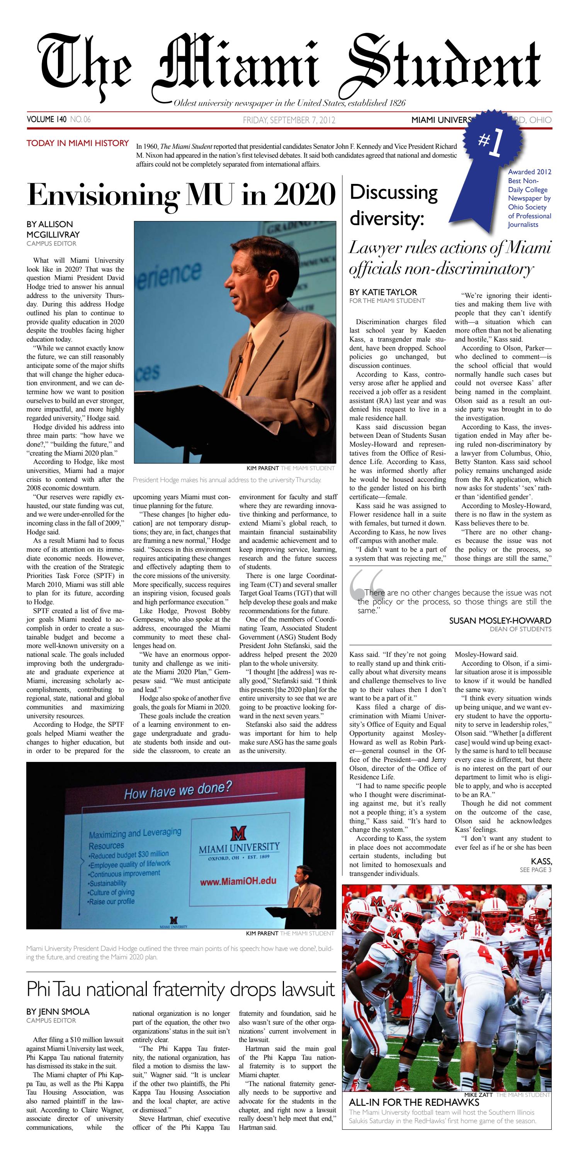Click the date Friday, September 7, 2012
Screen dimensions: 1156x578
[x=289, y=120]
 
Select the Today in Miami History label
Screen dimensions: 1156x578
[x=78, y=143]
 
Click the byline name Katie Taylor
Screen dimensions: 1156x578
[x=383, y=292]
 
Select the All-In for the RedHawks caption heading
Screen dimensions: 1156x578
[x=414, y=1103]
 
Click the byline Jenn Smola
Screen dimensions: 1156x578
[x=58, y=1011]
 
